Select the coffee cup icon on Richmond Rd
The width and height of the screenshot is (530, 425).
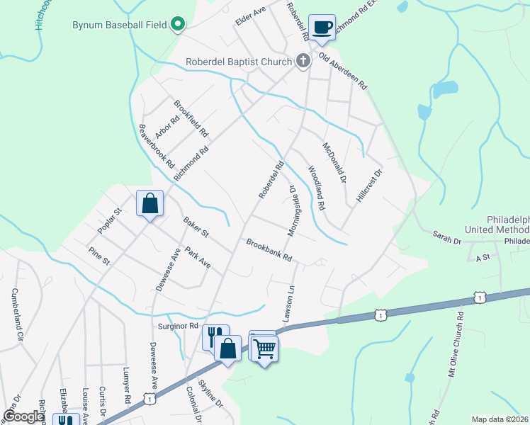[322, 27]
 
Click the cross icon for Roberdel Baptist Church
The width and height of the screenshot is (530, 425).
[303, 61]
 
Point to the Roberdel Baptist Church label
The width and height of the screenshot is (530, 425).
[239, 62]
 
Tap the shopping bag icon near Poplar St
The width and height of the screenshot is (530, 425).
[150, 204]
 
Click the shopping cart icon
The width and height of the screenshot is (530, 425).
[264, 348]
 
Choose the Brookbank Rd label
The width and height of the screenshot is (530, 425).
[269, 251]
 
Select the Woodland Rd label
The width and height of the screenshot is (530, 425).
[315, 188]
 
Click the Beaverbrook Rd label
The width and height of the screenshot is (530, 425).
[157, 145]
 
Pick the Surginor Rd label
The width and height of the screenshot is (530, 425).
[178, 325]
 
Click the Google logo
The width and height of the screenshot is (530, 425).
[23, 416]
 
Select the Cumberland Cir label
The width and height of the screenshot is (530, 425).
[16, 311]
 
